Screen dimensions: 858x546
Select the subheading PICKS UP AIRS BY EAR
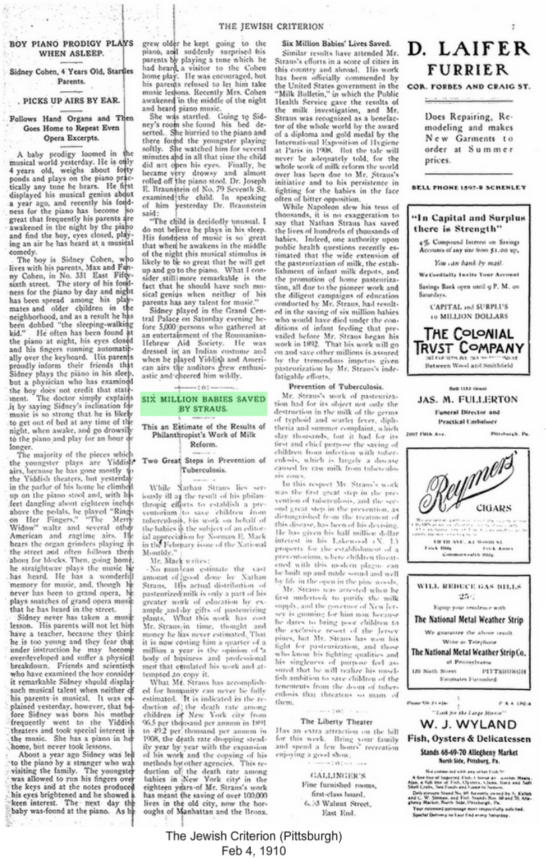tap(66, 101)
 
